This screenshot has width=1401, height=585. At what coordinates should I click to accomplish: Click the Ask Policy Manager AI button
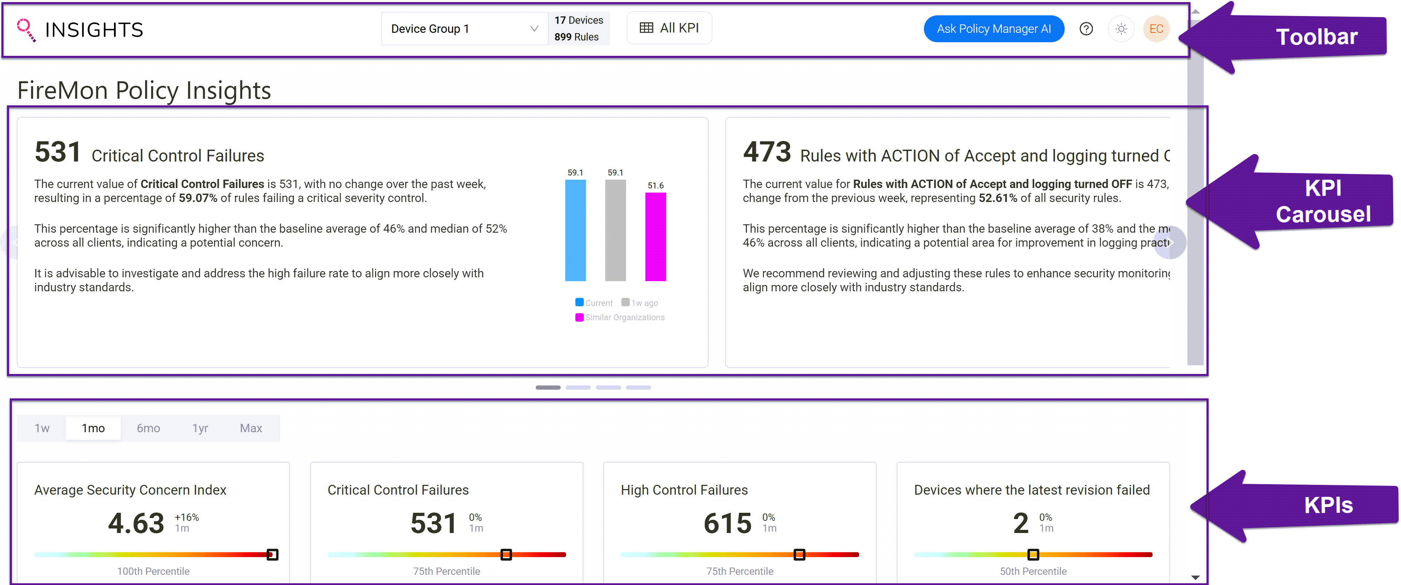click(x=993, y=29)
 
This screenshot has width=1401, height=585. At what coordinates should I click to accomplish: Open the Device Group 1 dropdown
click(x=464, y=29)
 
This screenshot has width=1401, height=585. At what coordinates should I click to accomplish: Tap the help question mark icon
click(x=1086, y=29)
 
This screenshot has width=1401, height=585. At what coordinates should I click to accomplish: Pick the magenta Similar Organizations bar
click(x=655, y=237)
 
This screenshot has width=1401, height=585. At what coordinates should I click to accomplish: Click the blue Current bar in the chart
click(x=575, y=230)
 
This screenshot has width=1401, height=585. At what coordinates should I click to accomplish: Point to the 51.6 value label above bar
click(x=655, y=186)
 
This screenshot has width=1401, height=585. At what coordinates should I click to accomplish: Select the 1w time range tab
click(x=42, y=428)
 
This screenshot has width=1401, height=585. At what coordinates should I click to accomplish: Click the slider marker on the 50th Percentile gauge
click(x=1033, y=555)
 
